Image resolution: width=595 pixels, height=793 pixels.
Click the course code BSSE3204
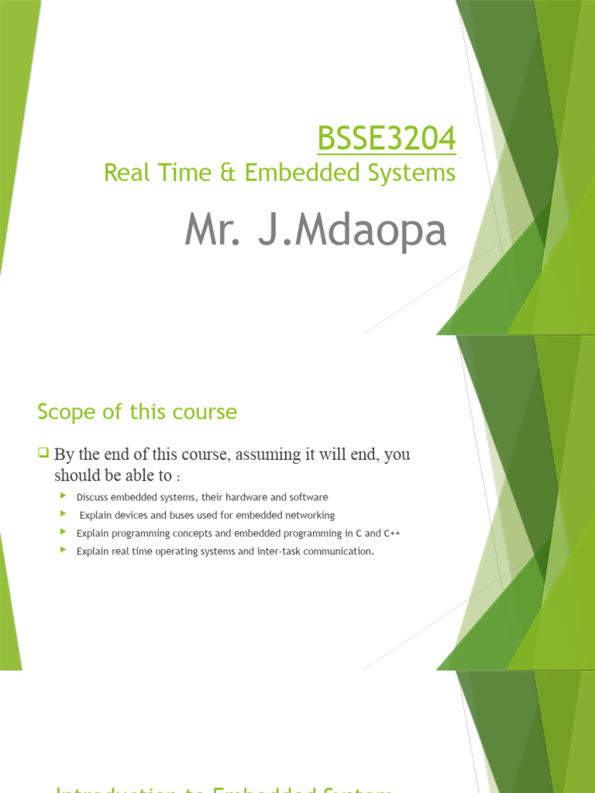(386, 140)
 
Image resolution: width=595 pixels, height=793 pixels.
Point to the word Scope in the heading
(65, 412)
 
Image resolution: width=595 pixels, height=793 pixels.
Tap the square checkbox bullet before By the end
(43, 452)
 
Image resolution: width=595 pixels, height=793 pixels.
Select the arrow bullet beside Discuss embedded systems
(63, 496)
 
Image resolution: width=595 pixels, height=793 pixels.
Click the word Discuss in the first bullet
(93, 497)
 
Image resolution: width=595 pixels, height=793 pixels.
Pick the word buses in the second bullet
(182, 515)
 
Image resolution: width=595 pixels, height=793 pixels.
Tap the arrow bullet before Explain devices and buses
(63, 514)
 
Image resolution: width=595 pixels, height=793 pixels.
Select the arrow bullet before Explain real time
(63, 551)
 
